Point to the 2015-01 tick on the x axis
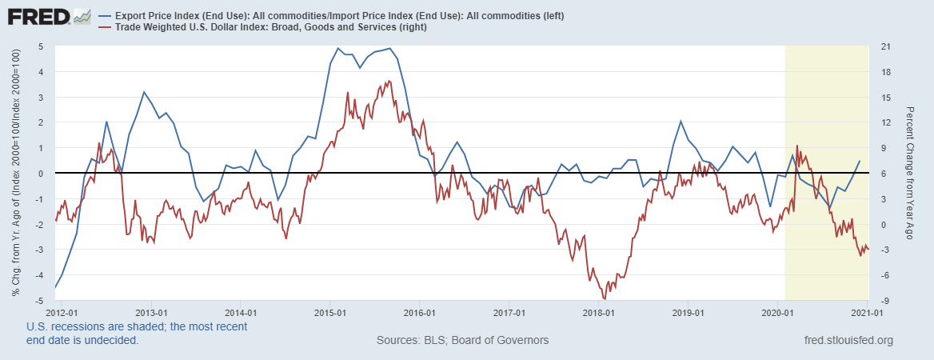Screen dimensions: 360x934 [x=329, y=312]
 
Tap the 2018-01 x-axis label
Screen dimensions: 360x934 [x=598, y=312]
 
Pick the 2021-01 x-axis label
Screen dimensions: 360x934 [x=867, y=312]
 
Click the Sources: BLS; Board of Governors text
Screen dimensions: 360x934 [x=462, y=341]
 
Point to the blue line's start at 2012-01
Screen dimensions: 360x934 [x=55, y=287]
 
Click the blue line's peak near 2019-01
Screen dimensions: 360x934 [x=681, y=122]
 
